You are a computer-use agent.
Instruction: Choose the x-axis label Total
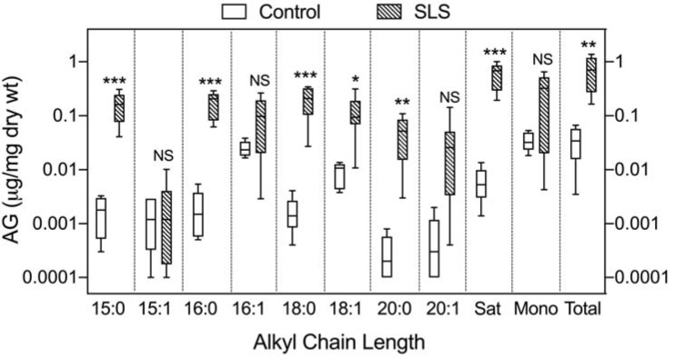click(581, 309)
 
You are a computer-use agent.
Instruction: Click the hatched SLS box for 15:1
click(165, 227)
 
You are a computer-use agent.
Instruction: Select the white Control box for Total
click(575, 144)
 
